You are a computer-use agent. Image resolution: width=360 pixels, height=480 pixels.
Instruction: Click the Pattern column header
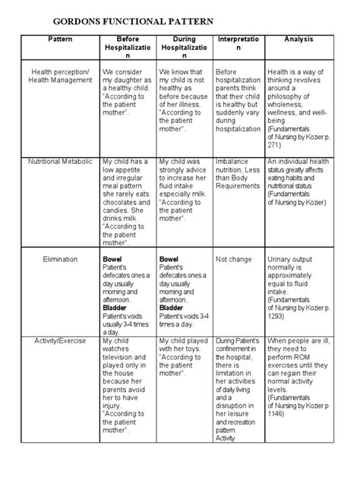pyautogui.click(x=60, y=38)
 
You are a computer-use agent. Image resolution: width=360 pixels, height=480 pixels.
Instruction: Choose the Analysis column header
pyautogui.click(x=298, y=38)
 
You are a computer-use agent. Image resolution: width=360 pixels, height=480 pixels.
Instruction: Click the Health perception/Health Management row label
pyautogui.click(x=60, y=77)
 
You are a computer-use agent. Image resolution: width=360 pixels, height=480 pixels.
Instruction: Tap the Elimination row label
pyautogui.click(x=60, y=259)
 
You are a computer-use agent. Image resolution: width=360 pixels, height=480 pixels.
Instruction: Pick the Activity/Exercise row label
pyautogui.click(x=60, y=341)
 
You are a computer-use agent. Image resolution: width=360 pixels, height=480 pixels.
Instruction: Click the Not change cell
pyautogui.click(x=234, y=259)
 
